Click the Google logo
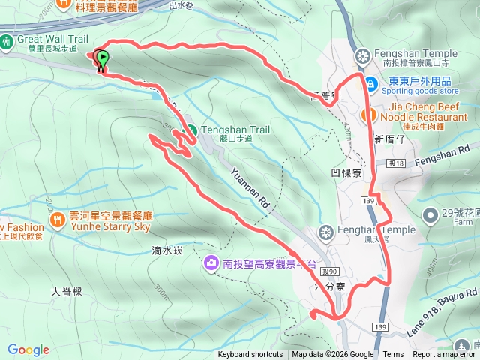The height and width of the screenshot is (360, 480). coord(28,349)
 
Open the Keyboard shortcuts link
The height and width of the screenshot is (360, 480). coord(250,355)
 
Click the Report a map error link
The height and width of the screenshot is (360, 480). coord(444,355)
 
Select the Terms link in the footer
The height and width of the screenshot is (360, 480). coord(393,355)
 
